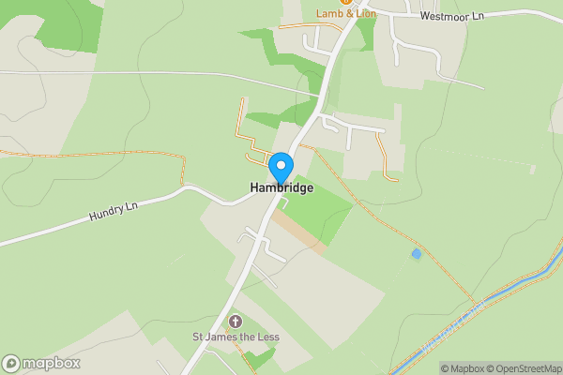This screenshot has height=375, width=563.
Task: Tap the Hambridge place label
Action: pos(281,188)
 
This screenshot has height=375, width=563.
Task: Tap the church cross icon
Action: pos(235,322)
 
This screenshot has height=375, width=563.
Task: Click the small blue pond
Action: pos(416,253)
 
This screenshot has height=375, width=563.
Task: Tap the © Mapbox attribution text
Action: pos(462,368)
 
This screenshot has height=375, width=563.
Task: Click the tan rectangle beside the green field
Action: pos(302,233)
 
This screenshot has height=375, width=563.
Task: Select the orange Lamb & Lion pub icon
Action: pos(321,3)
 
